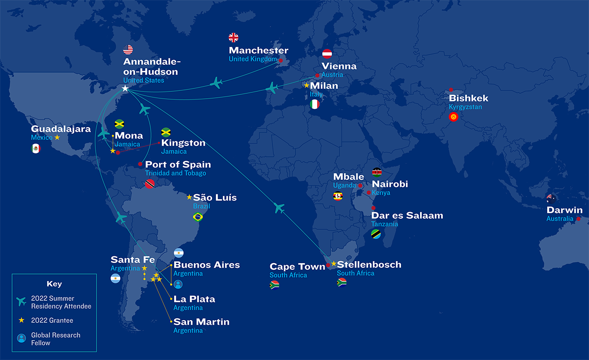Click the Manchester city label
point(259,51)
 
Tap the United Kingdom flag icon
point(234,37)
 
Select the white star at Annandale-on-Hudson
point(125,88)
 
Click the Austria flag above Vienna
point(327,54)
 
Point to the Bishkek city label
point(468,98)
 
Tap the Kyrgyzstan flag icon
point(454,117)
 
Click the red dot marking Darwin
point(579,219)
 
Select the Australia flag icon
point(551,198)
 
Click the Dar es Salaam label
point(407,216)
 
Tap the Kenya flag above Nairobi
point(377,171)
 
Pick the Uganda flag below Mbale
point(338,196)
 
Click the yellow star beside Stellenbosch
point(334,264)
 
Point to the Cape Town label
point(297,267)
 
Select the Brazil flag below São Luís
point(198,217)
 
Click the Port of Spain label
point(178,165)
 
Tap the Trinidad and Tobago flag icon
point(150,184)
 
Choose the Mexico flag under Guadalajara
point(35,148)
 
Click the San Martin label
point(201,322)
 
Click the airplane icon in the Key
point(21,302)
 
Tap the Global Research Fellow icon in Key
point(21,338)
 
